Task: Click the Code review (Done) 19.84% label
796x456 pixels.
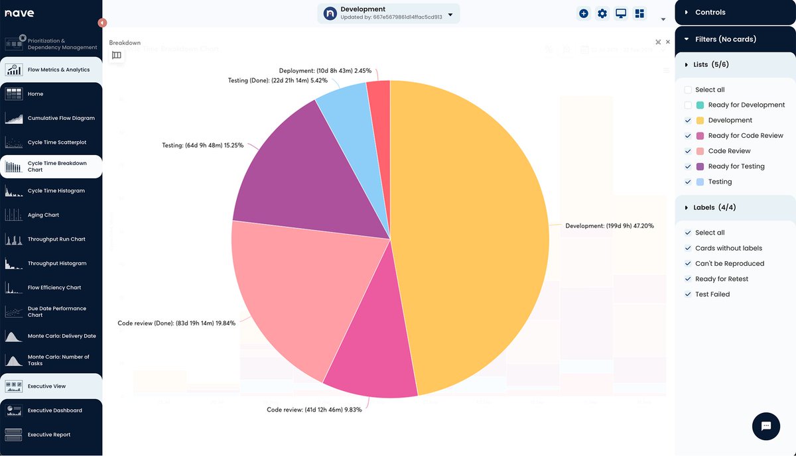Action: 176,323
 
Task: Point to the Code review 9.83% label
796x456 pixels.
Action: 314,410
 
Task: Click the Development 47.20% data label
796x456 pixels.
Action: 609,226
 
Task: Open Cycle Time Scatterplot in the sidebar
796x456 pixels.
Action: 56,142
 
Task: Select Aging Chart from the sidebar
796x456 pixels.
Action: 43,215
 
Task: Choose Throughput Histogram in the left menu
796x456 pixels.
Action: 56,263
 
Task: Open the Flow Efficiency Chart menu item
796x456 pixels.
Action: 54,288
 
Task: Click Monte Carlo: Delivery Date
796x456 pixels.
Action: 61,336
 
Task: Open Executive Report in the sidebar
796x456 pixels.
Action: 48,435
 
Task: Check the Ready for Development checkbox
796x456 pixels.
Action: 688,105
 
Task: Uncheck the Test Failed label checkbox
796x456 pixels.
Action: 688,294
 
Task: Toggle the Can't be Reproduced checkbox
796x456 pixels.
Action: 688,264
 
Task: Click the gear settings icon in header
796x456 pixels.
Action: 602,13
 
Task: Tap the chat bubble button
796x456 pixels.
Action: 765,426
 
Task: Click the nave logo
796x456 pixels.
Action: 19,13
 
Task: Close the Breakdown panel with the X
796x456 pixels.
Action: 668,42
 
